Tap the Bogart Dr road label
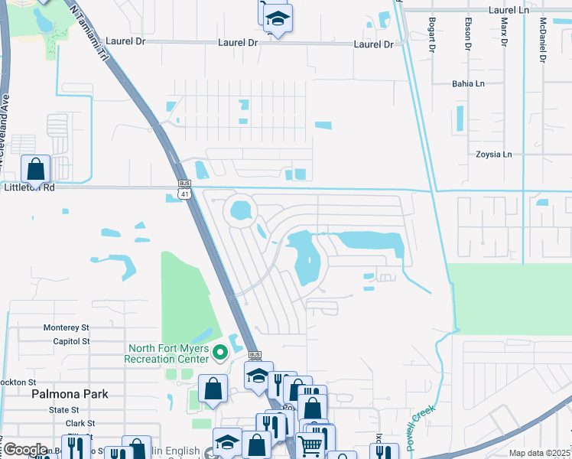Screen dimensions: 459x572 tap(432, 34)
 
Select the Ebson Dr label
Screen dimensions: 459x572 tap(468, 34)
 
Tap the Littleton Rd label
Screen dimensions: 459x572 tap(28, 187)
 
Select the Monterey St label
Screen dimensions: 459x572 tap(67, 327)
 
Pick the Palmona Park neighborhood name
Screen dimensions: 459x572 tap(70, 394)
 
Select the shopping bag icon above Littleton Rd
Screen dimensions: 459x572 tap(36, 168)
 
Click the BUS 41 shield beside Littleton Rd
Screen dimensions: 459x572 tap(184, 190)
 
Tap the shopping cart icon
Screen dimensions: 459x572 tap(310, 445)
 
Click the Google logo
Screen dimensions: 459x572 tap(25, 451)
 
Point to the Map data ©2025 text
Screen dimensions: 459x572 tap(538, 453)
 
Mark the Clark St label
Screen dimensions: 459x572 tap(80, 423)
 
